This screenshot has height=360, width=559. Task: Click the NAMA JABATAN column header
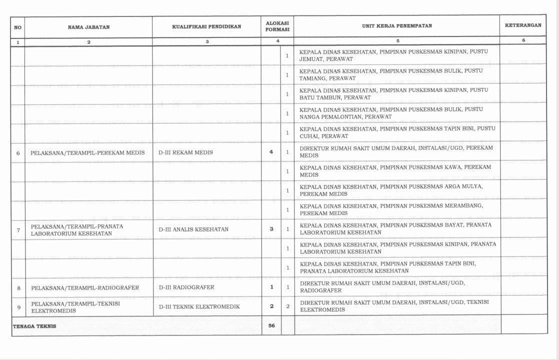[88, 27]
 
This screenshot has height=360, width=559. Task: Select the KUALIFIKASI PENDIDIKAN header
[206, 26]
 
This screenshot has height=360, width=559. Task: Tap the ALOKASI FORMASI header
[277, 26]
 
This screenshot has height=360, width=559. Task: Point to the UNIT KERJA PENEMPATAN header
[397, 25]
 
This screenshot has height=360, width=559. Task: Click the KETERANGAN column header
[523, 25]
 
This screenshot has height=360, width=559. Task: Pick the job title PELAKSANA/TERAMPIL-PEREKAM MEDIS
[87, 152]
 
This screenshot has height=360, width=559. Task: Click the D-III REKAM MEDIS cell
[185, 152]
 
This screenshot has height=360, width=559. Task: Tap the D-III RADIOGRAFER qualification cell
[186, 287]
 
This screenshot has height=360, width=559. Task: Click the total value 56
[271, 326]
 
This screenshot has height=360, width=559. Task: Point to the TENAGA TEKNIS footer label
[34, 326]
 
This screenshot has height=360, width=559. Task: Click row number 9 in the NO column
[18, 307]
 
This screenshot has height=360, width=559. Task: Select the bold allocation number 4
[271, 152]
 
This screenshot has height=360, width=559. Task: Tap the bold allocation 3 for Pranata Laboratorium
[271, 229]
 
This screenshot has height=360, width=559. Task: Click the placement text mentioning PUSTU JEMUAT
[393, 55]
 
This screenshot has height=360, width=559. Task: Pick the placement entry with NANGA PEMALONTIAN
[391, 113]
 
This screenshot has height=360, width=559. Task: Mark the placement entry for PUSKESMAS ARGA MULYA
[391, 190]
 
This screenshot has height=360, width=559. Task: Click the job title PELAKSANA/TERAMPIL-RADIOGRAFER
[85, 288]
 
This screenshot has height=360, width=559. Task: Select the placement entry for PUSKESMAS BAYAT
[395, 228]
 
